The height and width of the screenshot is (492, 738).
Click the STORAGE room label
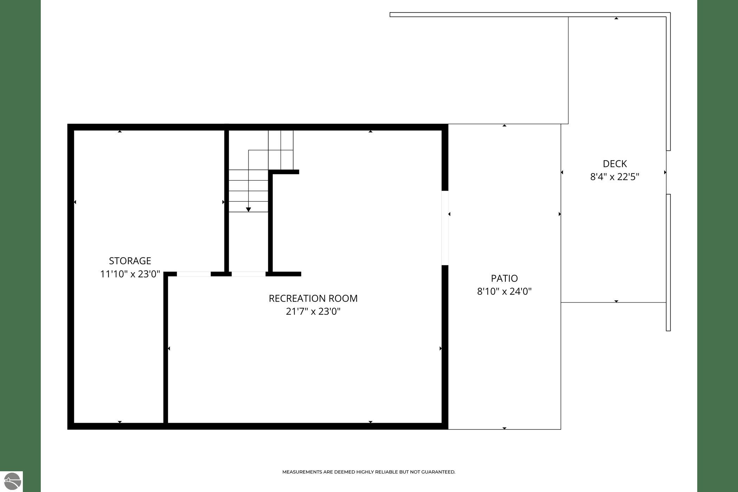click(130, 261)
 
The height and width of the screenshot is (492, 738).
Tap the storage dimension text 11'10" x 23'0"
click(130, 274)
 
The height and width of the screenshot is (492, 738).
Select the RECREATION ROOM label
click(313, 298)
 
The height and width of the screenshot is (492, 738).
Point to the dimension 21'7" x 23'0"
click(313, 311)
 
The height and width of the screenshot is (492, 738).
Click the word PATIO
click(504, 278)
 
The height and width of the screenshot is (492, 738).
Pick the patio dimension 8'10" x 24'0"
click(504, 291)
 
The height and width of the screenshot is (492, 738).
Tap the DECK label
click(615, 164)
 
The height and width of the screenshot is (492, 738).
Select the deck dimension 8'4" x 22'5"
click(615, 177)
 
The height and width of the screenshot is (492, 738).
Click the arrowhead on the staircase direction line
click(248, 210)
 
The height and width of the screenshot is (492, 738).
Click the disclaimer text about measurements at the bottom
click(369, 472)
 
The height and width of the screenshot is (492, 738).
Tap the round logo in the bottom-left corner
click(12, 481)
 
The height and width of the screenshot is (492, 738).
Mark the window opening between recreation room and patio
click(445, 228)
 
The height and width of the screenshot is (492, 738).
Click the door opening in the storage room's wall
click(194, 274)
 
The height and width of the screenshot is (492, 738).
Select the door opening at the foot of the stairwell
click(248, 274)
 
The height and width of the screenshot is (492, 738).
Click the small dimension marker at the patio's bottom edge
click(504, 428)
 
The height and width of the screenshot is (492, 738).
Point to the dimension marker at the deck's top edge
click(616, 18)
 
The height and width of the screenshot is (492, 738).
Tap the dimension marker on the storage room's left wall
click(75, 202)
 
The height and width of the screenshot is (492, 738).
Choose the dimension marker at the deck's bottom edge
click(616, 301)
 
